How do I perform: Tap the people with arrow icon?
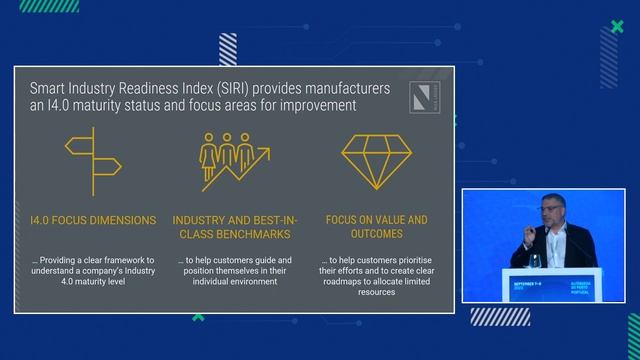pyautogui.click(x=234, y=162)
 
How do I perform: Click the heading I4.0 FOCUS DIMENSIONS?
pyautogui.click(x=93, y=219)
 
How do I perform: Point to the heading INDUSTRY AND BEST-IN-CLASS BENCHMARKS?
pyautogui.click(x=232, y=227)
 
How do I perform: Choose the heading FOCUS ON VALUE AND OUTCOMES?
pyautogui.click(x=376, y=227)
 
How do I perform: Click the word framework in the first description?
pyautogui.click(x=126, y=261)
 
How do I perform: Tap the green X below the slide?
pyautogui.click(x=198, y=318)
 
